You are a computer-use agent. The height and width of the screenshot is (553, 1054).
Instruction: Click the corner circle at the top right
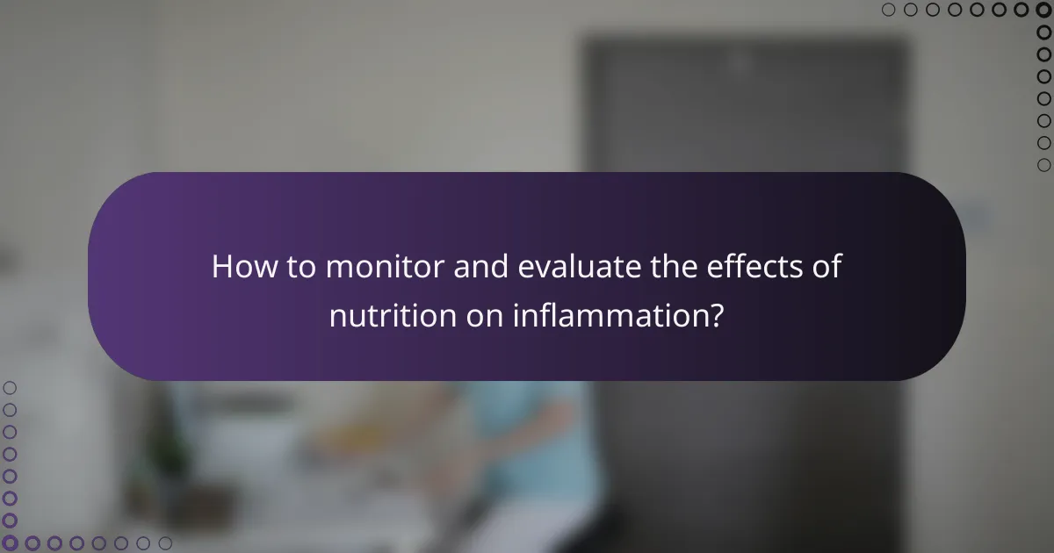coord(1043,11)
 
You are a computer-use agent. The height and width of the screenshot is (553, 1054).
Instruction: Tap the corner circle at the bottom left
coord(11,543)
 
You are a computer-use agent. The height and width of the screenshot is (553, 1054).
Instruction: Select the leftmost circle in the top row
coord(889,11)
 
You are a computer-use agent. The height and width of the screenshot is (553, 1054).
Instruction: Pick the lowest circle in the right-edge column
coord(1043,165)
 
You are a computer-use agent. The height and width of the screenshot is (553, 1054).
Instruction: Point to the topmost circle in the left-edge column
coord(11,387)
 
